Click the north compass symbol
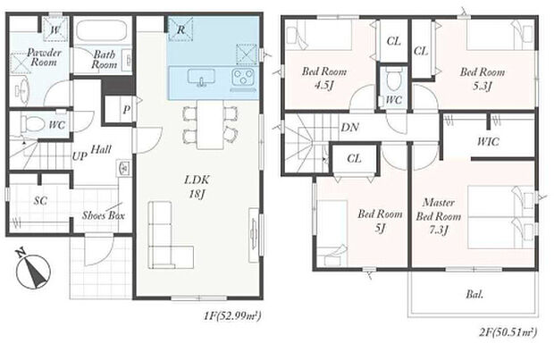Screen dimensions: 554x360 coord(33,271)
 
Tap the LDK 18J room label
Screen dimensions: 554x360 coord(197,187)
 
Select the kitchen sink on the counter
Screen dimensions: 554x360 coord(201,78)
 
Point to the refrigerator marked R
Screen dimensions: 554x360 coord(180,29)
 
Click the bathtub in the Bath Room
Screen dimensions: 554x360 coord(101,30)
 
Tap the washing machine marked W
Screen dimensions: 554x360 coord(55,29)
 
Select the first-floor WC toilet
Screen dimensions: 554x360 coord(33,124)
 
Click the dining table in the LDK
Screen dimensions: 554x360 coord(210,124)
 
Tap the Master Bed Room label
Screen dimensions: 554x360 coord(439,216)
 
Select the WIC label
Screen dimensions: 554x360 coord(488,142)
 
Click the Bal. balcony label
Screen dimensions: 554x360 coord(474,294)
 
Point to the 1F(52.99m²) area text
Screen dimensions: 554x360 coord(232,315)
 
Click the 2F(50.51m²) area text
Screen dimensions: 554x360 coord(508,332)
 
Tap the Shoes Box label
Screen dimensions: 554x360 coord(103,215)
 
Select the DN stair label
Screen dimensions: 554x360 coord(349,127)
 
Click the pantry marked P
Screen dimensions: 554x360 coord(119,110)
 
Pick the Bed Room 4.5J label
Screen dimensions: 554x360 coord(324,78)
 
